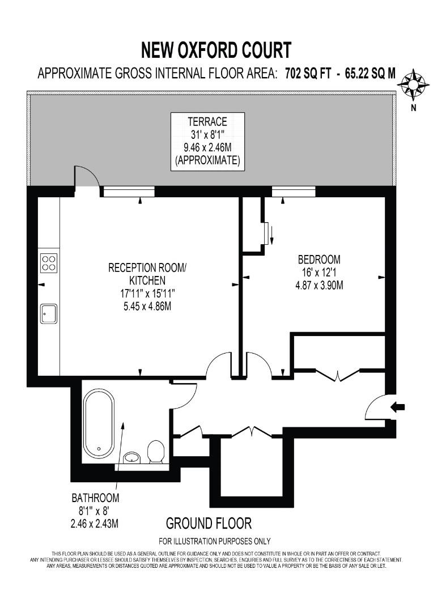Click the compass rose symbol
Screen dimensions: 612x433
point(413,84)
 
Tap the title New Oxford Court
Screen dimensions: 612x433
point(216,50)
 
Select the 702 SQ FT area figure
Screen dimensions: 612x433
point(304,74)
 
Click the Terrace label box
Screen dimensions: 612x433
point(208,141)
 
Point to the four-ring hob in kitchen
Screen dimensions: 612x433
point(49,262)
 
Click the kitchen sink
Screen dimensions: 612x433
point(48,313)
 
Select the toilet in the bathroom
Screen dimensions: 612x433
point(155,452)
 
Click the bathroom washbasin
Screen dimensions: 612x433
point(131,457)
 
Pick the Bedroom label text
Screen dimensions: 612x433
point(319,260)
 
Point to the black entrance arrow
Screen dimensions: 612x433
point(398,406)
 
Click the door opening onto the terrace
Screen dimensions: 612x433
point(87,177)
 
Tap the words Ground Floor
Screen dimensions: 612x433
point(209,522)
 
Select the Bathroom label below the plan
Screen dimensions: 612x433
point(95,498)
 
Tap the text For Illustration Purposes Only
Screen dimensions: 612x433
point(215,541)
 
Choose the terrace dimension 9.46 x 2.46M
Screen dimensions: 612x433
point(208,147)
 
